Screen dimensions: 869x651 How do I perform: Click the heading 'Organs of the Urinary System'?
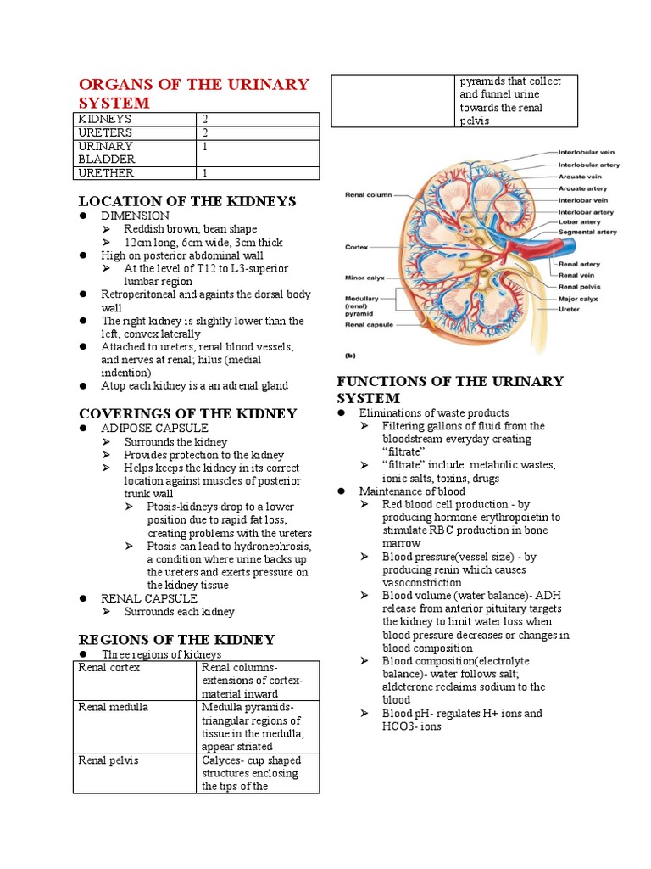(193, 93)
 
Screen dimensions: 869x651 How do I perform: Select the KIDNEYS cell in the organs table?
(105, 120)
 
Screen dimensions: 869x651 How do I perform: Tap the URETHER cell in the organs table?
(106, 173)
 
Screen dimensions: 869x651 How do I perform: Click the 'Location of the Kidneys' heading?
(186, 201)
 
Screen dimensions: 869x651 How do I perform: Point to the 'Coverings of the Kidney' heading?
(187, 413)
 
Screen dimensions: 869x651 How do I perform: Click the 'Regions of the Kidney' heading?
(176, 639)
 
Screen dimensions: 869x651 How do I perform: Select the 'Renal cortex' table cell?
(108, 668)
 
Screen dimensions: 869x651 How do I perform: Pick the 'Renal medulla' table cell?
(113, 707)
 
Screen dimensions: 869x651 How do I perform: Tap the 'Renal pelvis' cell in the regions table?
(108, 760)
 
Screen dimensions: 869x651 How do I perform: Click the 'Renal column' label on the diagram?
(368, 194)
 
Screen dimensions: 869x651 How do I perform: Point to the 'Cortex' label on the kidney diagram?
(356, 248)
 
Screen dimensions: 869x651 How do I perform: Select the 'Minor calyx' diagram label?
(365, 278)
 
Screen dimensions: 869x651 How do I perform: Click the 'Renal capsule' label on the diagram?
(368, 324)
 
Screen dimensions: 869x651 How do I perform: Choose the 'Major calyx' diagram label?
(578, 299)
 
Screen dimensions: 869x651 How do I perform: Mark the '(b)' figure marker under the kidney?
(350, 356)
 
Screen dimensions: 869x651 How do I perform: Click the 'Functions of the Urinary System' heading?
(449, 390)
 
